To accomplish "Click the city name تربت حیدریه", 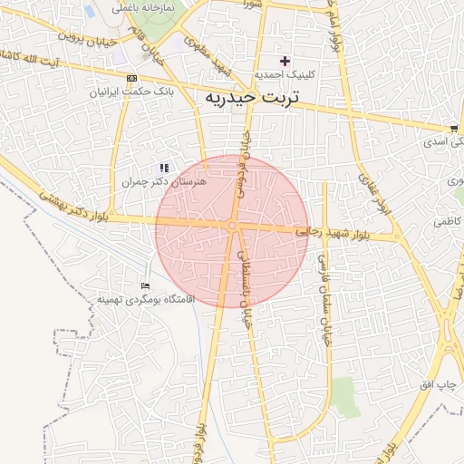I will tap(262, 97).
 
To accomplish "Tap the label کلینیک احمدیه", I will tap(285, 75).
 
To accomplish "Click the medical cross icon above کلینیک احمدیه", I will tap(285, 61).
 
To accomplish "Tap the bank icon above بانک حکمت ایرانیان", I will tap(132, 78).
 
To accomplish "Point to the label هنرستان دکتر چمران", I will tap(165, 182).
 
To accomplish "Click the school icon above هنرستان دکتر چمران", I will tap(164, 168).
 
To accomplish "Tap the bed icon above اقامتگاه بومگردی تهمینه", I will tap(146, 285).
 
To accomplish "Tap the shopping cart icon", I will tap(453, 129).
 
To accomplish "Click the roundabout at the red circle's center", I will tap(233, 225).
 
